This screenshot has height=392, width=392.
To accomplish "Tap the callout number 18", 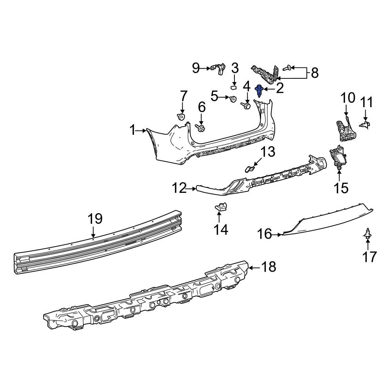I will (269, 267).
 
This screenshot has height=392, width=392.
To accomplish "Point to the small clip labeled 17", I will (368, 234).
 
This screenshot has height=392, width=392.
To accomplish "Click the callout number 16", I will (265, 234).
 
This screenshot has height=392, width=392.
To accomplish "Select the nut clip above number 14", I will (221, 206).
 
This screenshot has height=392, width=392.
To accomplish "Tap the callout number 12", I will (180, 189).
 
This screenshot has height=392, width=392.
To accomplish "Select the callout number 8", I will (314, 73).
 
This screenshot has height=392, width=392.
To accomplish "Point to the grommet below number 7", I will (181, 116).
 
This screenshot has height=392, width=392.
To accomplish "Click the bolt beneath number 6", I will (201, 128).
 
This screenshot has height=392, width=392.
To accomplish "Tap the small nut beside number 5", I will (232, 99).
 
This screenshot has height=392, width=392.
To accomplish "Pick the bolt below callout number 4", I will (247, 105).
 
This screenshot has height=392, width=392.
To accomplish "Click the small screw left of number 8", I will (286, 68).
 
